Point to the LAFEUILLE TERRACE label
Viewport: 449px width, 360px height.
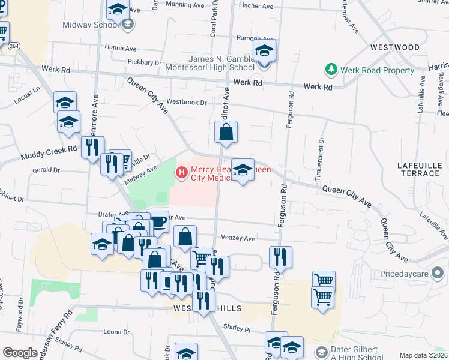click(x=418, y=169)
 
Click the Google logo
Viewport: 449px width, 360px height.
click(x=20, y=353)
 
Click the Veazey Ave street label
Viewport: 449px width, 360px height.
click(x=238, y=238)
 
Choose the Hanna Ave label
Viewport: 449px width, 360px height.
click(x=121, y=49)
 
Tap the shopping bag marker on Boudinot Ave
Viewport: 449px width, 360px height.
click(x=226, y=134)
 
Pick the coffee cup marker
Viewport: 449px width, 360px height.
click(x=158, y=221)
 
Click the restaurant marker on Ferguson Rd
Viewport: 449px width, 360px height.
click(x=280, y=257)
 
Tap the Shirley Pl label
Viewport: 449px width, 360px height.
click(x=237, y=329)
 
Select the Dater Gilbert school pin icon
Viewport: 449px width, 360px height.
click(x=322, y=351)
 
